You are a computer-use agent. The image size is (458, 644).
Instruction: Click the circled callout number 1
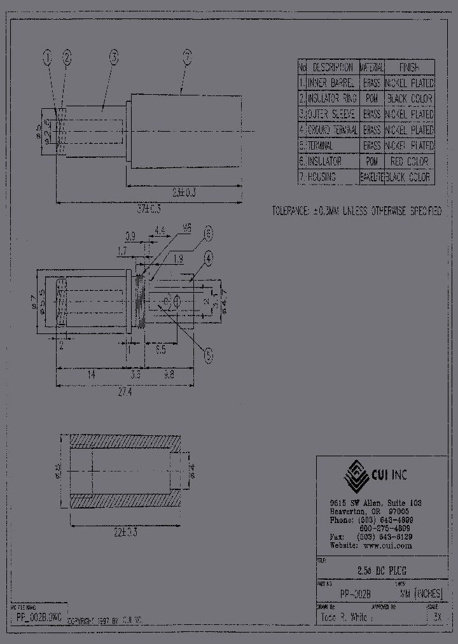(x=48, y=58)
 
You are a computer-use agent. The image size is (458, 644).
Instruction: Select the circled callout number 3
(x=113, y=58)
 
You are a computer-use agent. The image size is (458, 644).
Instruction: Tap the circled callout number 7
(x=187, y=58)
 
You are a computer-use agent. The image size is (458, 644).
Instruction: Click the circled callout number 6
(x=208, y=234)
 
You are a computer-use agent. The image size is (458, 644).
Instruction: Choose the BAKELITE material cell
(x=371, y=178)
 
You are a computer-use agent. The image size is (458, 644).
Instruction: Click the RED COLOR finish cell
(x=409, y=162)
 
